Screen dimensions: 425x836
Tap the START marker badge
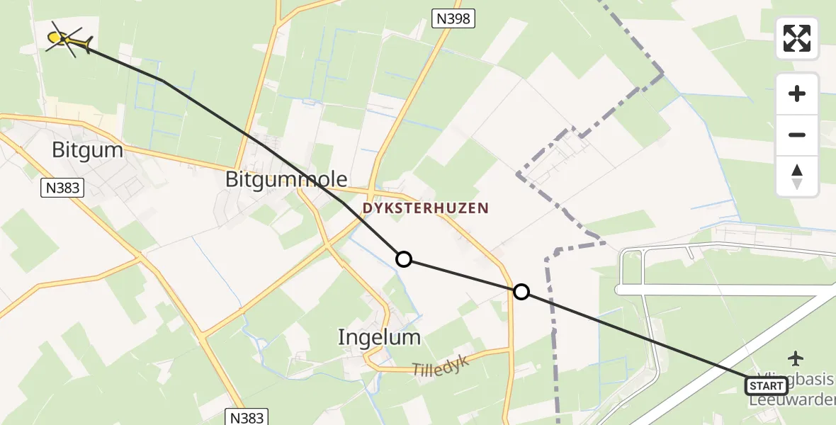pos(766,386)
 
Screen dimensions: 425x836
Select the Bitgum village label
pos(88,150)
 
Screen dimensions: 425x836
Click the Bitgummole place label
pos(286,179)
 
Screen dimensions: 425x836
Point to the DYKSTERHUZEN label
pos(425,208)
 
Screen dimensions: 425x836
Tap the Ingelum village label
pos(379,337)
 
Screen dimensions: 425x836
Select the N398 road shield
pos(452,19)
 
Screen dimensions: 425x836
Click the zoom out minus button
pos(797,135)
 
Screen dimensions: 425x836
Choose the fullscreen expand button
pos(797,38)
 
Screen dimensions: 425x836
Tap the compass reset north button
pos(797,176)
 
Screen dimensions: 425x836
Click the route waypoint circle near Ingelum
pos(403,259)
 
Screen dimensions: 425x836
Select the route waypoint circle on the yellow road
pos(521,292)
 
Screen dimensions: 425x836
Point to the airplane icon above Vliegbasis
pos(796,358)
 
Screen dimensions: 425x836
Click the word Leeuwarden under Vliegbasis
pos(793,400)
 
